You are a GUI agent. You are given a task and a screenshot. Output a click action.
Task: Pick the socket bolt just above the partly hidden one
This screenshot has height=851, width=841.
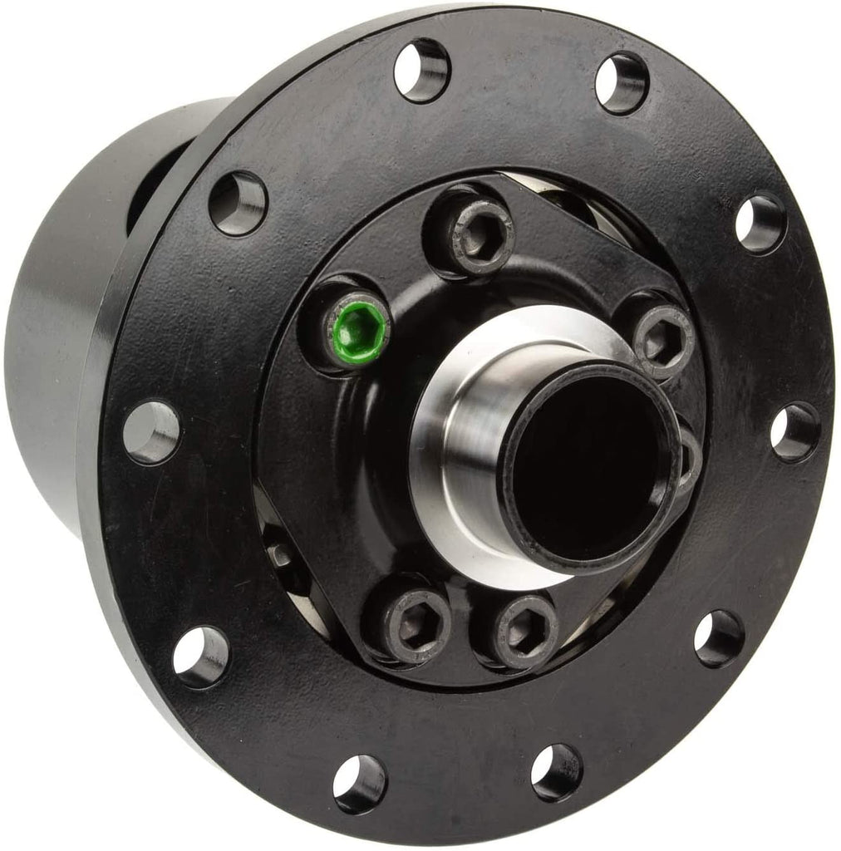(661, 339)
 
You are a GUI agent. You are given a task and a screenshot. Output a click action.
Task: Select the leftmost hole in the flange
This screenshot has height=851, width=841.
(151, 431)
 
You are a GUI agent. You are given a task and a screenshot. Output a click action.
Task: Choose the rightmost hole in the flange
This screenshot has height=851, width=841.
(794, 431)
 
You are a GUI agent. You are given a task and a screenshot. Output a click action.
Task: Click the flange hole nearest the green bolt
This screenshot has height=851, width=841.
(238, 203)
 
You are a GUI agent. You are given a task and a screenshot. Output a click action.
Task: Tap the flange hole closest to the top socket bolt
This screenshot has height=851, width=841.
(421, 71)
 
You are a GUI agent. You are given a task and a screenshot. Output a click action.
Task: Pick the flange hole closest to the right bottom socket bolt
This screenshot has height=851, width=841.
(556, 771)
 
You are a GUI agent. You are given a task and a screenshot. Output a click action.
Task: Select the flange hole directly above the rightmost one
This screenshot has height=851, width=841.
(760, 223)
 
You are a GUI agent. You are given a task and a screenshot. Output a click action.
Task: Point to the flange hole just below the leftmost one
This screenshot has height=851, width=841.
(200, 656)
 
